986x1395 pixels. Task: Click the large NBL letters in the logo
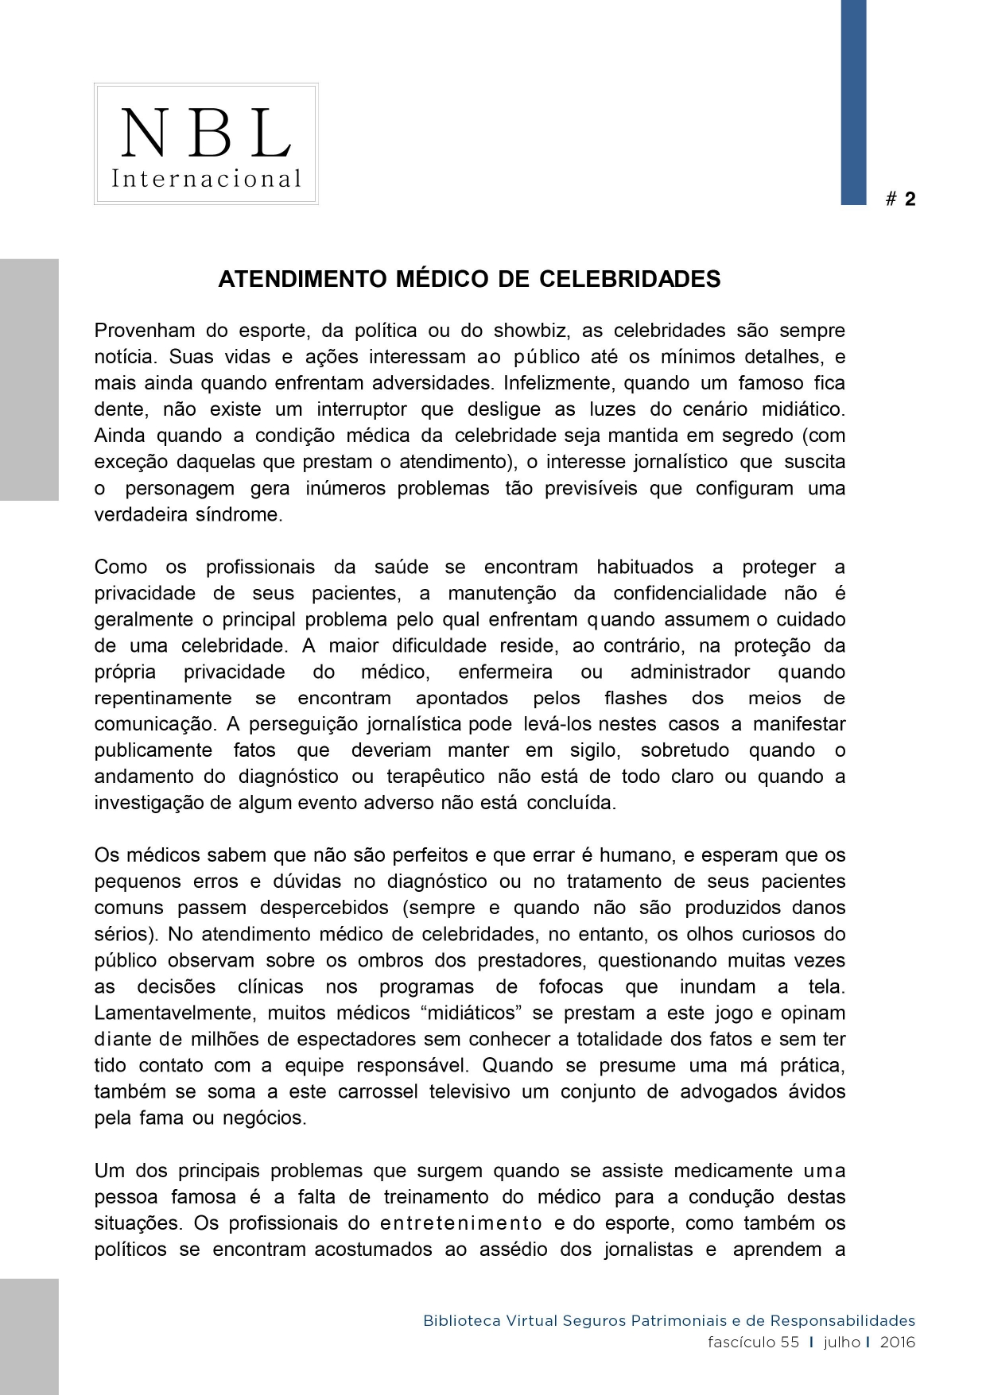(x=206, y=133)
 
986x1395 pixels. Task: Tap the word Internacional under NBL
(x=206, y=178)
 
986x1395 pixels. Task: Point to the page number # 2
(x=901, y=199)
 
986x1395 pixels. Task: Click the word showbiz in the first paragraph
(x=526, y=330)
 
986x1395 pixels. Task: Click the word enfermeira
(x=505, y=672)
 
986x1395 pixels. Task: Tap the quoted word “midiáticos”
(x=476, y=1013)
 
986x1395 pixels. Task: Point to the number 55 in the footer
(x=789, y=1343)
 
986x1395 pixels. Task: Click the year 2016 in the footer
(x=898, y=1343)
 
